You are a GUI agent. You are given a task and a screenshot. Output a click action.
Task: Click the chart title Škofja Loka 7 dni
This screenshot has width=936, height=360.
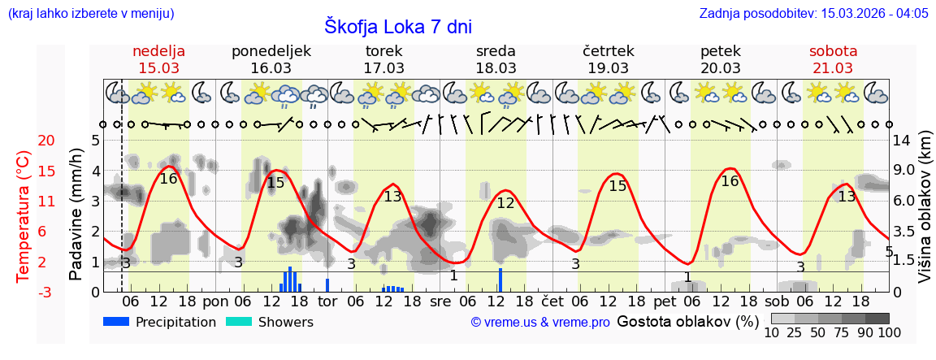coord(397,26)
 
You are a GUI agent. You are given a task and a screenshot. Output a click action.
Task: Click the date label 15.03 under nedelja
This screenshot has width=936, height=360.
coord(159,67)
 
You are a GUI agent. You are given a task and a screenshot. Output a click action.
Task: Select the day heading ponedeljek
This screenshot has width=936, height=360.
coord(271,51)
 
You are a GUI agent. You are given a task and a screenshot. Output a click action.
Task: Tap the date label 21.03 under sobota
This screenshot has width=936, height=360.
coord(833,67)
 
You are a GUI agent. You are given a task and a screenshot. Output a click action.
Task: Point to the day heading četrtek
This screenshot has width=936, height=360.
coord(609,51)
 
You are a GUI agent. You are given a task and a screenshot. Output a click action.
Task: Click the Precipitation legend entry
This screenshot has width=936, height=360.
coord(160,322)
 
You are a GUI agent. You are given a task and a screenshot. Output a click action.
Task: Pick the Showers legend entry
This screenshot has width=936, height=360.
coord(269,322)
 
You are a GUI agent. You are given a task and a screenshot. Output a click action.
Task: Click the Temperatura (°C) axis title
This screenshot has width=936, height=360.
coord(24,216)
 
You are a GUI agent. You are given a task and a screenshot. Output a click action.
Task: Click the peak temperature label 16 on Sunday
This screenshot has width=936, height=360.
coord(168,179)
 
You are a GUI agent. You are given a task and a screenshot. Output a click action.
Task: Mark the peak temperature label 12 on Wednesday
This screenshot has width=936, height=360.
coord(505,203)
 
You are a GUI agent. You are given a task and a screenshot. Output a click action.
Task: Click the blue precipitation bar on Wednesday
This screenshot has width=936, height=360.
coord(500,280)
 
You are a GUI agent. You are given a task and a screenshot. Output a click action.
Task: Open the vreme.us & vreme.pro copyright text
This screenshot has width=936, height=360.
coord(540,323)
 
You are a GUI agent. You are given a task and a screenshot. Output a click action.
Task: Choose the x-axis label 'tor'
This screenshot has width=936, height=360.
coord(327,301)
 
